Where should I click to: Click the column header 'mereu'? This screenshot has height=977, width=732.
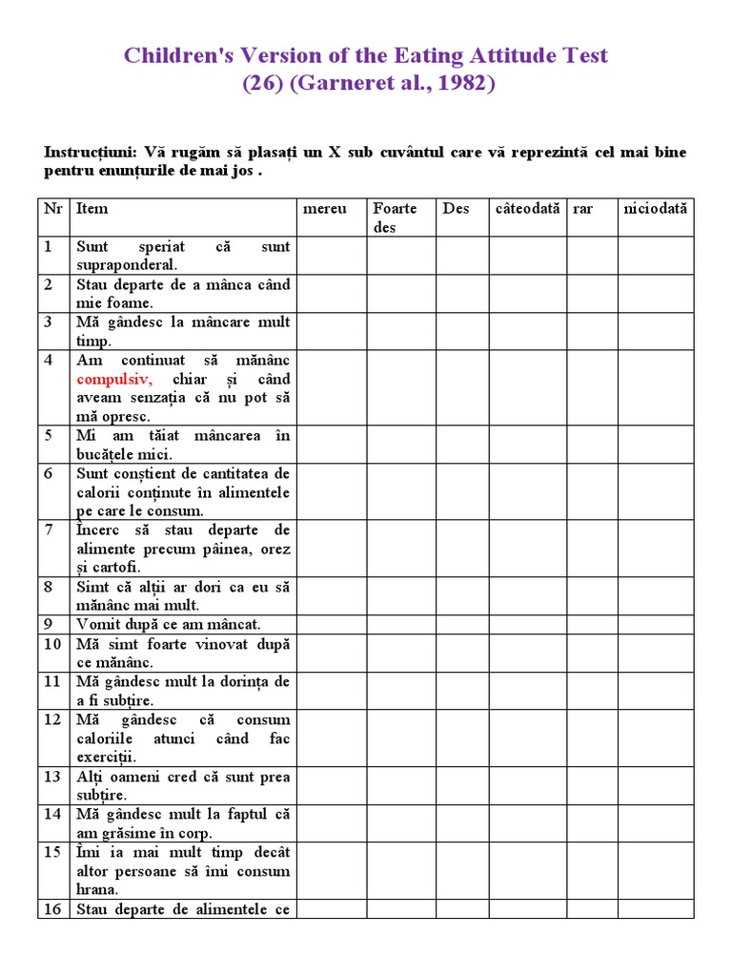click(324, 208)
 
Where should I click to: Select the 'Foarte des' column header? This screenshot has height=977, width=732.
click(395, 218)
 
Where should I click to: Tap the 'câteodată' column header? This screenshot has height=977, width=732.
click(527, 208)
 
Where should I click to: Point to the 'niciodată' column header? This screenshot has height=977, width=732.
click(655, 208)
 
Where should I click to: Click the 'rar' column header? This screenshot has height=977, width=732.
click(582, 208)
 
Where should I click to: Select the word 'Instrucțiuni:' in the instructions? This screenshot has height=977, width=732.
click(89, 153)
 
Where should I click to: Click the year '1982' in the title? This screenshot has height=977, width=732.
click(455, 84)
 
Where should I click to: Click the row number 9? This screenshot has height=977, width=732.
click(50, 625)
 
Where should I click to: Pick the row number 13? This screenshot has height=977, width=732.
click(53, 777)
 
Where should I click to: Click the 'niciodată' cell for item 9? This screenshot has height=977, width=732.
click(655, 625)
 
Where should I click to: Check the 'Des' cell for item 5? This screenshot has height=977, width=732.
click(463, 445)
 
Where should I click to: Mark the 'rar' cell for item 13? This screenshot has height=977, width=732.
click(591, 785)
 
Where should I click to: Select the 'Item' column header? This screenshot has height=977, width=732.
click(92, 208)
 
